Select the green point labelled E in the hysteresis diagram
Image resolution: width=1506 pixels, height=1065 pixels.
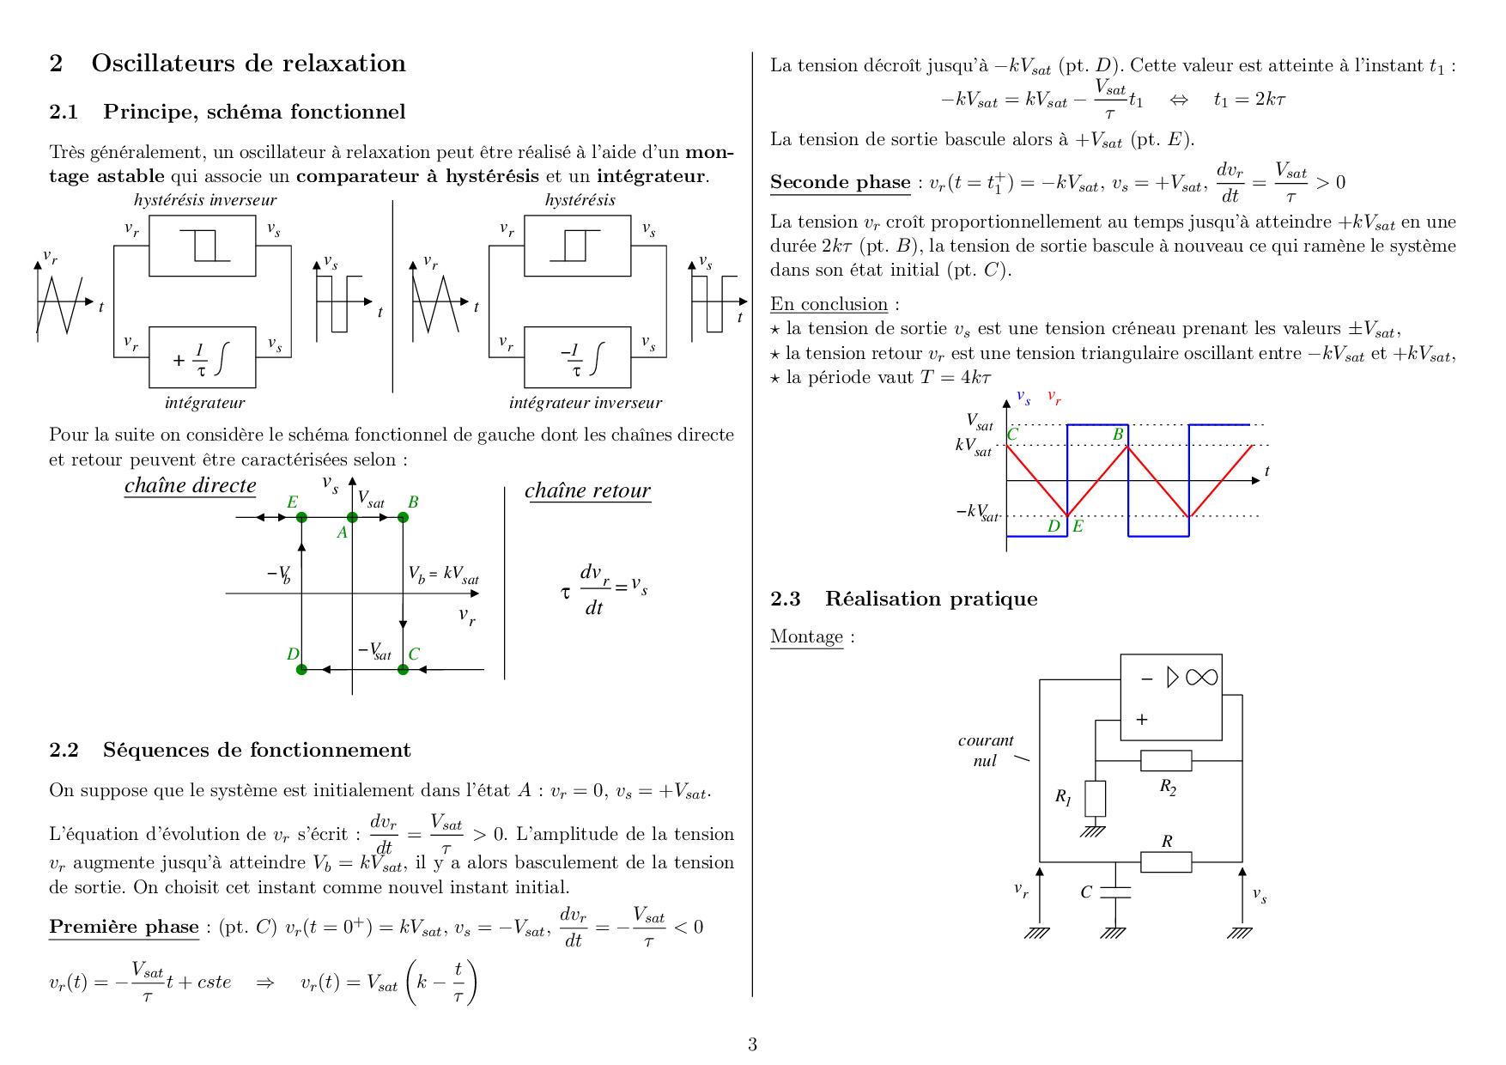click(x=301, y=517)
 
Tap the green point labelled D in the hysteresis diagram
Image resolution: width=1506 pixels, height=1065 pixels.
click(x=301, y=669)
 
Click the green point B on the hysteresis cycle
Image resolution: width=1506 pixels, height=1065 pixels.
click(x=404, y=517)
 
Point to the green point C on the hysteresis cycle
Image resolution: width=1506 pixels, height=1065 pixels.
click(x=404, y=669)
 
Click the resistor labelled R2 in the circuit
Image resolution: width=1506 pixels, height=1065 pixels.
click(x=1166, y=760)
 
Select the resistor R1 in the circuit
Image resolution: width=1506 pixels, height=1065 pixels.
click(x=1095, y=799)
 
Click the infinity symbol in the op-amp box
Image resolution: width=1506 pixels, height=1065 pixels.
click(x=1201, y=678)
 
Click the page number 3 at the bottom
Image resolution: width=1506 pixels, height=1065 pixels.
click(x=752, y=1044)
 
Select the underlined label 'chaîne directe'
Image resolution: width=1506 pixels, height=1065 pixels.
click(x=191, y=485)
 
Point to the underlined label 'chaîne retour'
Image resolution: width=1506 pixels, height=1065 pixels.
click(x=588, y=490)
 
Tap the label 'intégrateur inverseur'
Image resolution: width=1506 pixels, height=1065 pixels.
click(x=586, y=403)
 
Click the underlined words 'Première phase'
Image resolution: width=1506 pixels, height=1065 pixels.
click(x=124, y=927)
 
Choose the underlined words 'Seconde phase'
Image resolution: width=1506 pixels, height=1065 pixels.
click(x=841, y=182)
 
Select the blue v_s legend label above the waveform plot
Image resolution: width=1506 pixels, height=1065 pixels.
click(x=1023, y=397)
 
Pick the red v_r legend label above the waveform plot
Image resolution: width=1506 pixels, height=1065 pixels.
click(x=1054, y=397)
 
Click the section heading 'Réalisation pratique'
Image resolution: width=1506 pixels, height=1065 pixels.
click(x=932, y=599)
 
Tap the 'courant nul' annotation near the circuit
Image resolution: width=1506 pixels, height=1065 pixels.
click(x=986, y=750)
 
